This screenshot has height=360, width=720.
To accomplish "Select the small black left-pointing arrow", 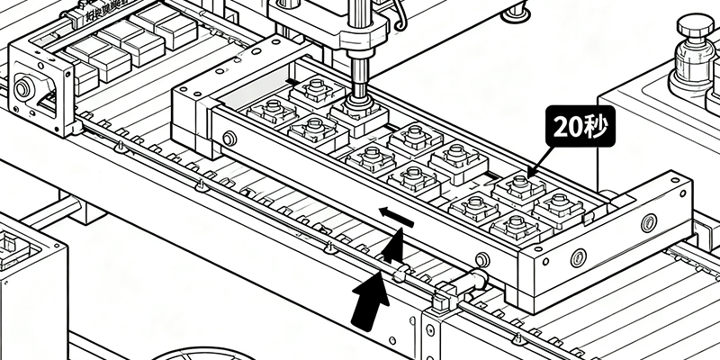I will tap(395, 216).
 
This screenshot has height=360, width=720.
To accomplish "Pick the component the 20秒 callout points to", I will tap(520, 188).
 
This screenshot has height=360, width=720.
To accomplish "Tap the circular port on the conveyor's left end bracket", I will tap(24, 88).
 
